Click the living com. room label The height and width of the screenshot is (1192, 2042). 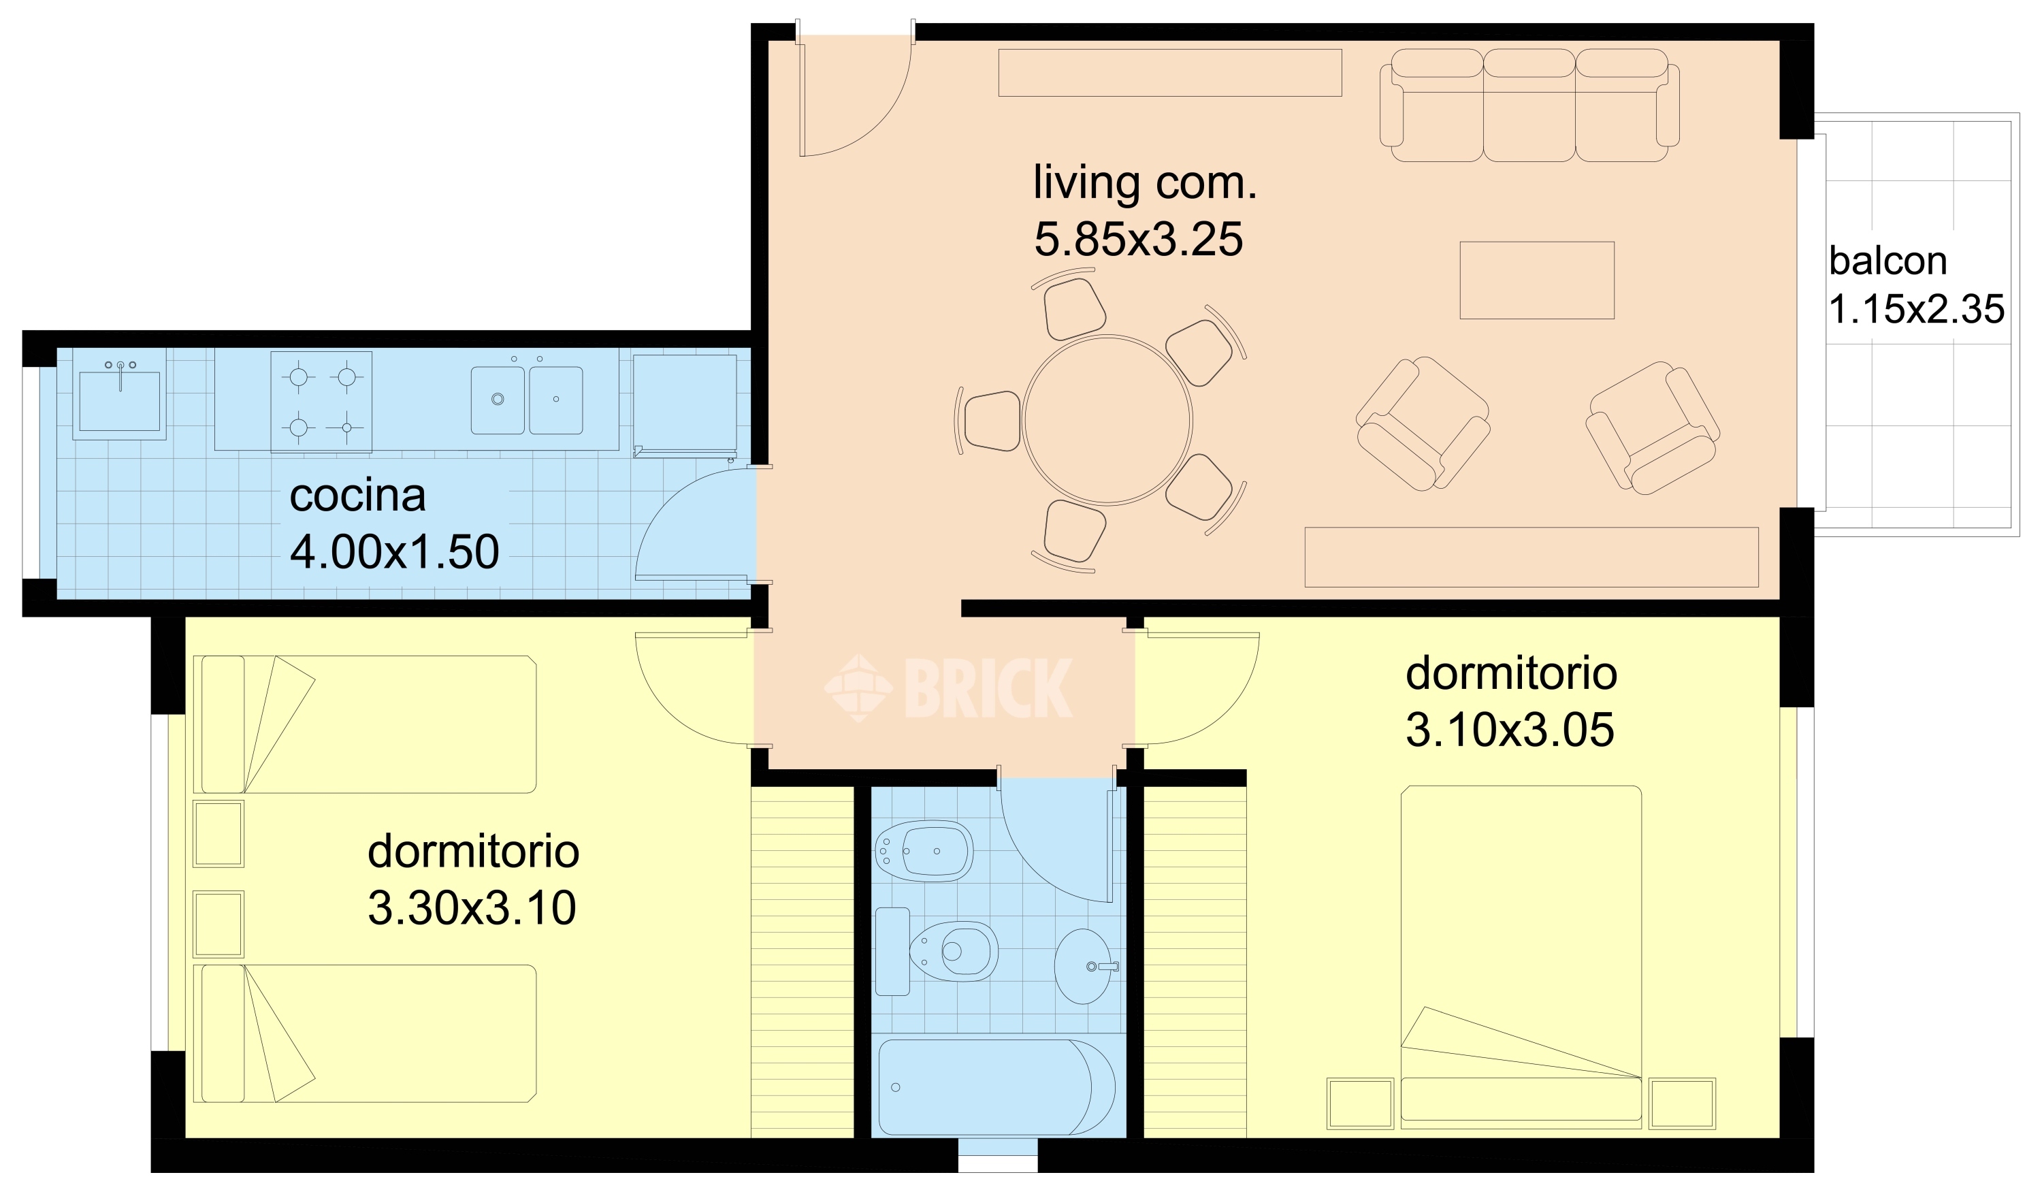(1144, 183)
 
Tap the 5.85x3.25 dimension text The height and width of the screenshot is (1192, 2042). (1139, 240)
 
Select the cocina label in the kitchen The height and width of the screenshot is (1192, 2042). (357, 496)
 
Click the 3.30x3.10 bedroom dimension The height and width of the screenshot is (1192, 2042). (472, 908)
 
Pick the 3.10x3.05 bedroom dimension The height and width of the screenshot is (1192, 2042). (1510, 730)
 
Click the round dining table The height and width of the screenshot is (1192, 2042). (1107, 420)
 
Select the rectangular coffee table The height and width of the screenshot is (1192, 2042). (1537, 280)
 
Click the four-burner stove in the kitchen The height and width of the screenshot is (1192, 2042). (322, 402)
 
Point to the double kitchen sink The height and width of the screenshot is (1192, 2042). (527, 400)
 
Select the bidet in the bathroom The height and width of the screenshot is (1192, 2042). (924, 852)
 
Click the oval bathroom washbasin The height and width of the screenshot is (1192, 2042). (1084, 967)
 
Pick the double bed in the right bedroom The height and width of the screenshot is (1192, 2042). (1521, 957)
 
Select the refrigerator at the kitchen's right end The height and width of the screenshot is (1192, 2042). (685, 404)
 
